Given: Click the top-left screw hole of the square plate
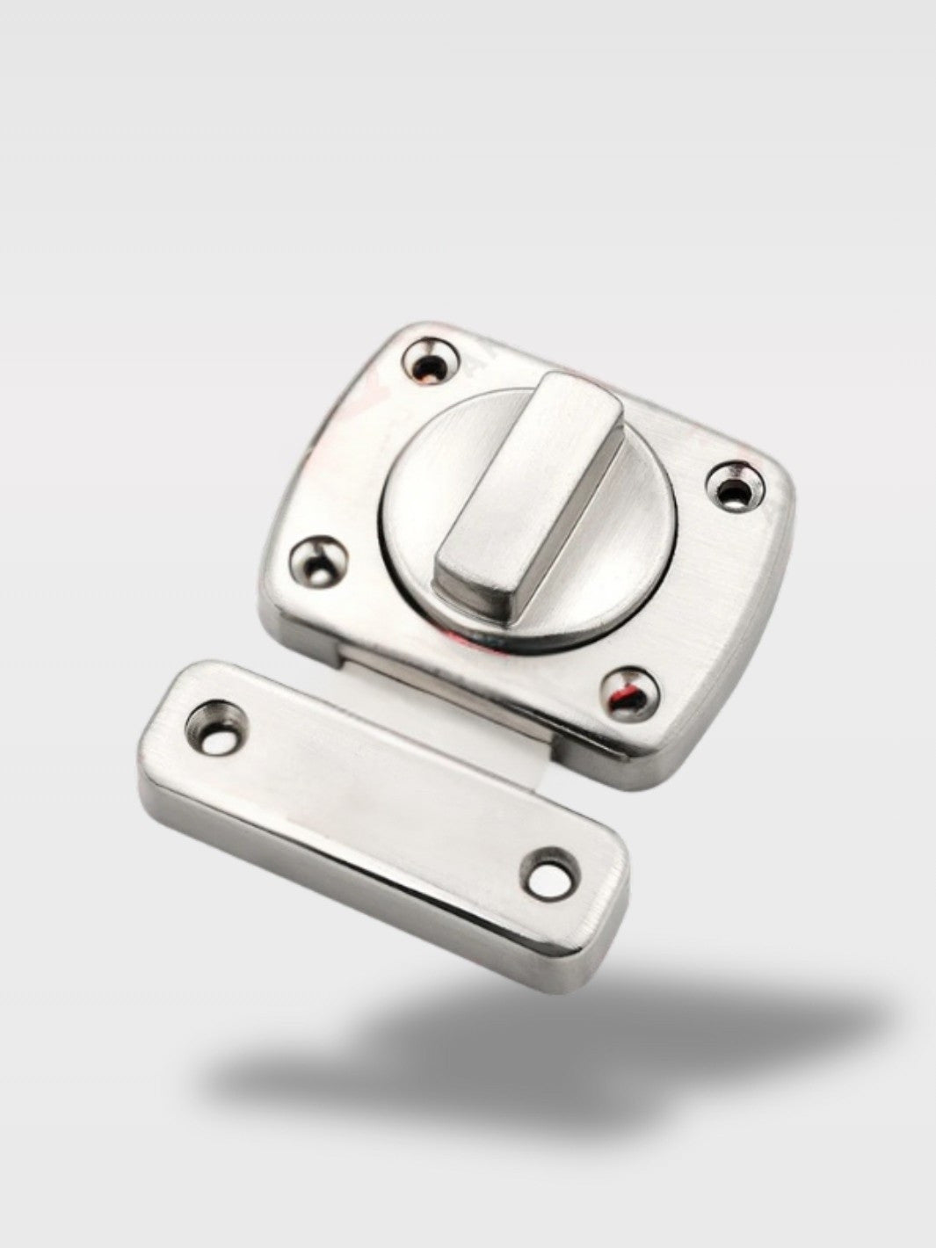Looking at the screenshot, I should [432, 360].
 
